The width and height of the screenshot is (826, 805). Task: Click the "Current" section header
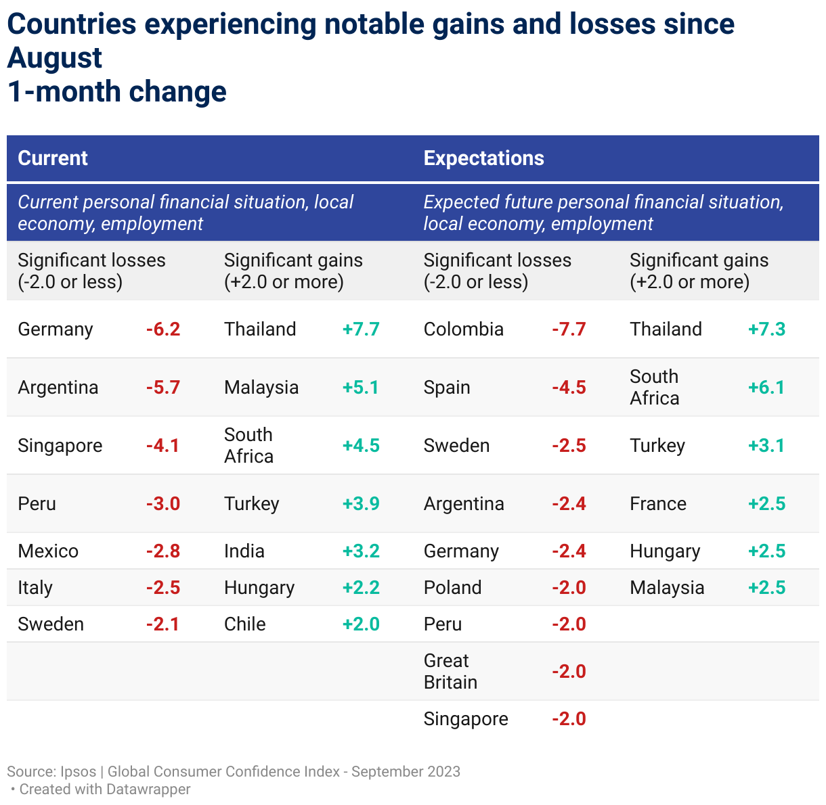click(x=53, y=158)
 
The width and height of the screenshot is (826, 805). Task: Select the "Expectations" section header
click(x=483, y=158)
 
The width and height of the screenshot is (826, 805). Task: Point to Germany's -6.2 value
click(x=163, y=329)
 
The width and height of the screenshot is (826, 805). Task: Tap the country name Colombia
click(x=464, y=329)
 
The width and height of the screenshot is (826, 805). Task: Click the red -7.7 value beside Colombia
click(x=569, y=329)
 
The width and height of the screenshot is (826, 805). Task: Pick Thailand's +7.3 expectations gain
click(x=766, y=329)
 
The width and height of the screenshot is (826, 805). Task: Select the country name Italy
click(x=35, y=588)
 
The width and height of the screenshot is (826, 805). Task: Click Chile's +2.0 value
click(x=361, y=624)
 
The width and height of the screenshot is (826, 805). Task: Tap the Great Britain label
click(x=450, y=671)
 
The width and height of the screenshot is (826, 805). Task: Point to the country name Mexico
click(x=48, y=551)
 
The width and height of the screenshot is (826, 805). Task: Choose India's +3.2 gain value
click(x=361, y=551)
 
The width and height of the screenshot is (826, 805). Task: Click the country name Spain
click(x=447, y=388)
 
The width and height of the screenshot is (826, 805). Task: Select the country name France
click(x=658, y=504)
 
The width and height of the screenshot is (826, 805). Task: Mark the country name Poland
click(x=453, y=588)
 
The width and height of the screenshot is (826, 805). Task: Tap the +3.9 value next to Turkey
click(x=361, y=504)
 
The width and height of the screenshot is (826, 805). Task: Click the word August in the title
click(x=55, y=58)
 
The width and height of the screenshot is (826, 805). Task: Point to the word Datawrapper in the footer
click(x=148, y=789)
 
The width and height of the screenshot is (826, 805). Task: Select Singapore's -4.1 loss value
click(x=162, y=446)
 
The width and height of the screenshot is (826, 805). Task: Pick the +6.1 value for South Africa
click(x=766, y=388)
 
